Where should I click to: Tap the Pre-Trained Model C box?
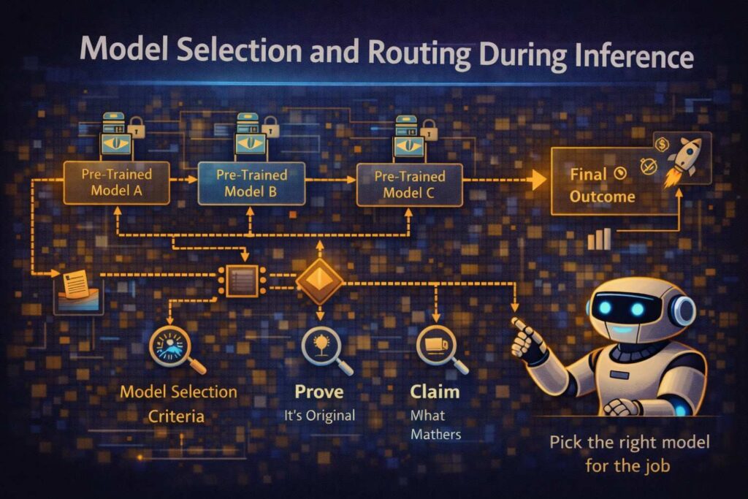click(x=409, y=184)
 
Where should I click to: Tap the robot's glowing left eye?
click(x=604, y=310)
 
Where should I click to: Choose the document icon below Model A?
click(x=76, y=286)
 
